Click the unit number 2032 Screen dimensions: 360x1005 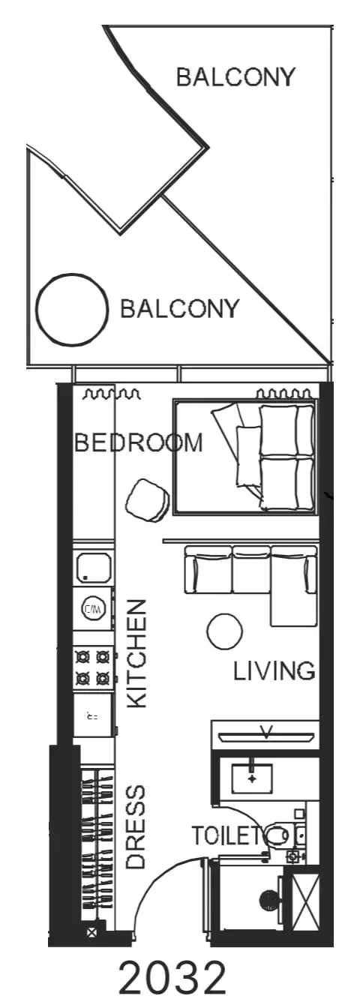pos(172,979)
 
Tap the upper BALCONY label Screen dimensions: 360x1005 pos(235,77)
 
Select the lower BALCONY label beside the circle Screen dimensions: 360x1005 pos(179,309)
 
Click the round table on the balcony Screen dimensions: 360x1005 pos(72,310)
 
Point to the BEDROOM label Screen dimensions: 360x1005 pos(138,442)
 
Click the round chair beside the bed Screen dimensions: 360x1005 pos(148,500)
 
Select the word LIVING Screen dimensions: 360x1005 pos(274,672)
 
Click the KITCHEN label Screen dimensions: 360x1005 pos(137,654)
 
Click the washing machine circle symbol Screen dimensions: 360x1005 pos(94,609)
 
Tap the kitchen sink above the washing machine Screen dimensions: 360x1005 pos(93,567)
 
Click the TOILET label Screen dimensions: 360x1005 pos(227,835)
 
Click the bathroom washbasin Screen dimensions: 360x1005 pos(252,778)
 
